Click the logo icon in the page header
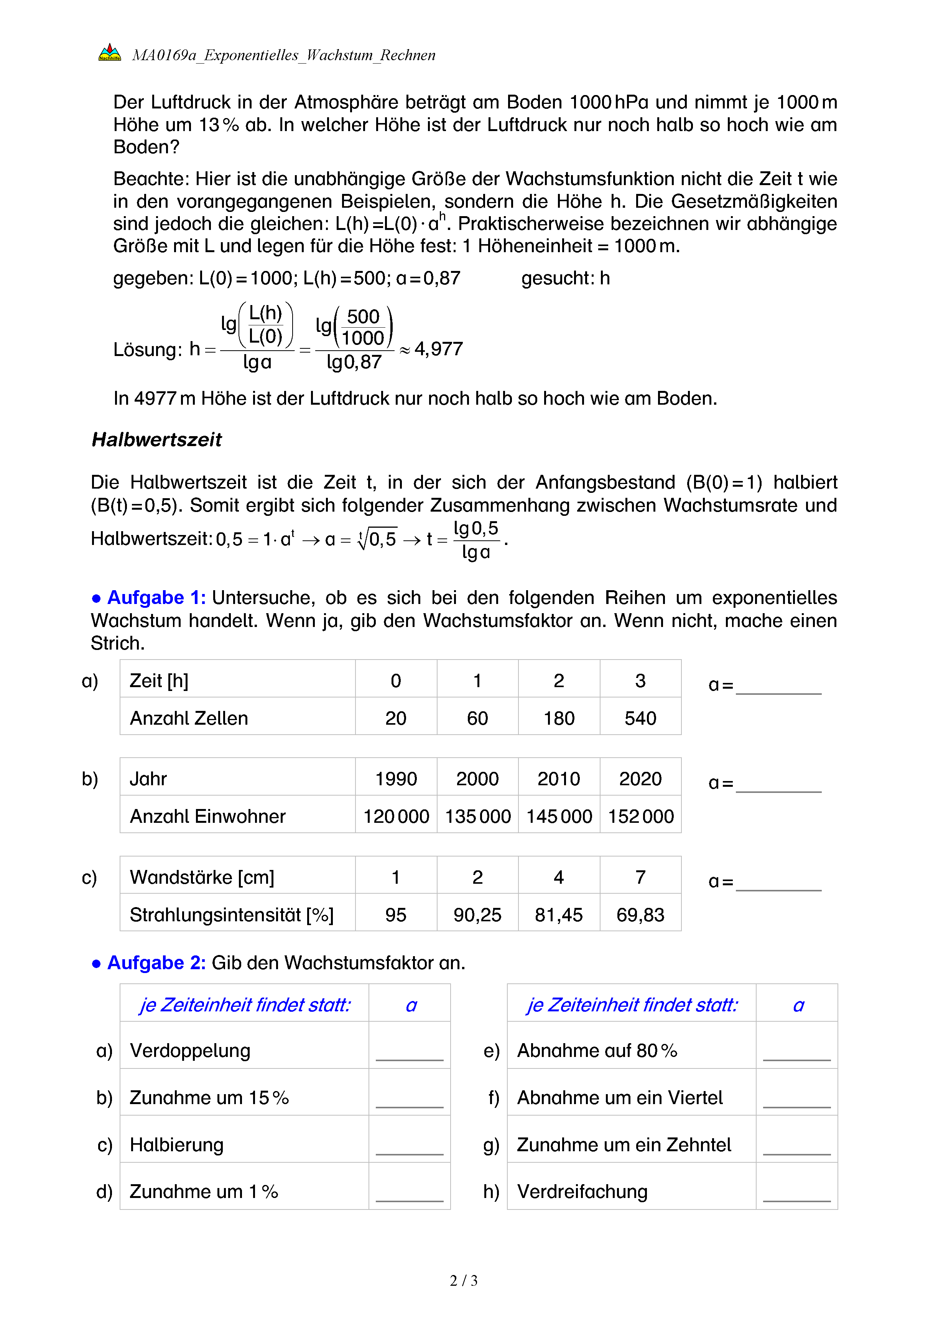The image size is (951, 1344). (110, 53)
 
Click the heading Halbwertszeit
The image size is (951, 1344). (156, 440)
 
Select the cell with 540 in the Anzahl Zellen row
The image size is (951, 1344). (640, 718)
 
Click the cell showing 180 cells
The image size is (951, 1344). (559, 718)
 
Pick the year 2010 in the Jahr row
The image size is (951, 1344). (559, 778)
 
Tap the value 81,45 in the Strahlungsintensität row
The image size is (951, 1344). (559, 914)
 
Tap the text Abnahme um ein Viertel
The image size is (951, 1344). (620, 1098)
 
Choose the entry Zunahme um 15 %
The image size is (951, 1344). (209, 1098)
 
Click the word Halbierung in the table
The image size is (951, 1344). (176, 1144)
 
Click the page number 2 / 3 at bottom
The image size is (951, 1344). (463, 1281)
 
